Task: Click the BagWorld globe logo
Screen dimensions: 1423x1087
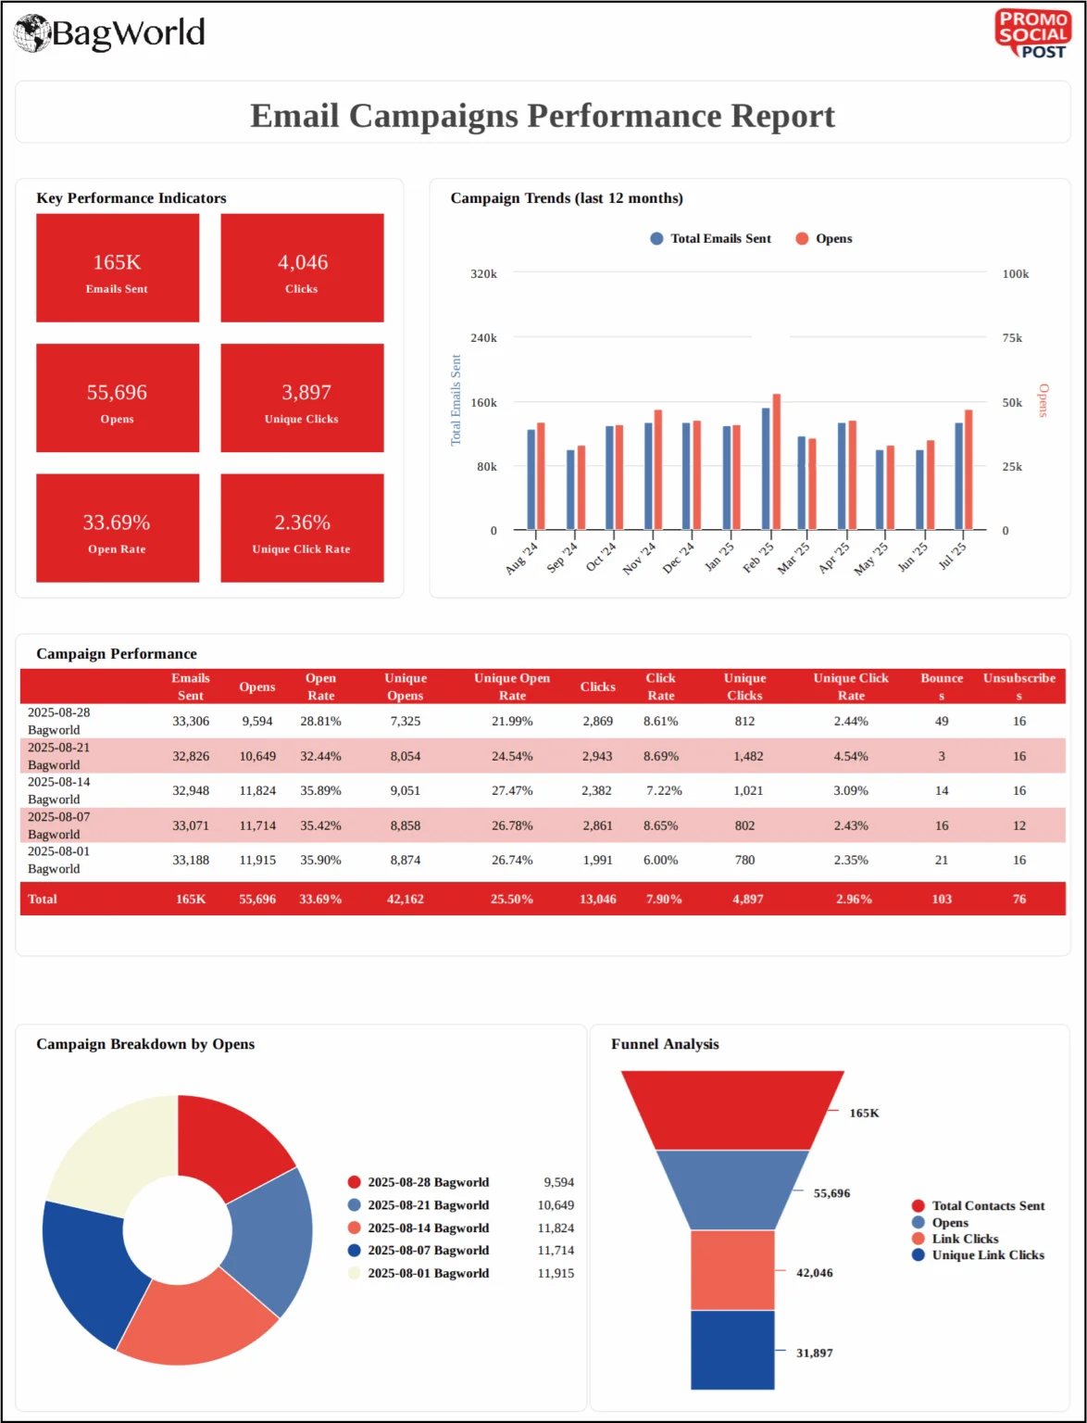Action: pos(32,33)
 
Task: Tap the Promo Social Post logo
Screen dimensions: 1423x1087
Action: pos(1032,34)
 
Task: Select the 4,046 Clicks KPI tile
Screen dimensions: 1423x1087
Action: pos(302,269)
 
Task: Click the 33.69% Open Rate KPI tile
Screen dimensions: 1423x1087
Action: pos(118,528)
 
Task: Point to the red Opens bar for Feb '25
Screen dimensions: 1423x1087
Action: pos(777,461)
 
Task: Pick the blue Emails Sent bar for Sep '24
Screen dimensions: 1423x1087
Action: pos(570,489)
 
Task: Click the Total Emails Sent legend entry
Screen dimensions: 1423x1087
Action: pos(711,239)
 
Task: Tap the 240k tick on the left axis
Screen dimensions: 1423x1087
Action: pos(483,338)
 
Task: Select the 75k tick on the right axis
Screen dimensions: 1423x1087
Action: pos(1013,338)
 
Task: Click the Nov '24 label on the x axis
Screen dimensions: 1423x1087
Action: pos(640,558)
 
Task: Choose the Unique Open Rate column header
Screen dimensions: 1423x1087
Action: pos(512,686)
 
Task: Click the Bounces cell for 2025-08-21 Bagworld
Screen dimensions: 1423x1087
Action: pos(942,756)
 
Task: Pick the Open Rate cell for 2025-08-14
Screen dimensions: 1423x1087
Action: pos(320,791)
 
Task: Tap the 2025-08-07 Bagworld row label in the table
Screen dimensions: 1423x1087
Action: pos(58,825)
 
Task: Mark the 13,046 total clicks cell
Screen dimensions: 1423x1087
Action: pos(598,900)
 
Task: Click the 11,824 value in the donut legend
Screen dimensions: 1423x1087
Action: pos(556,1228)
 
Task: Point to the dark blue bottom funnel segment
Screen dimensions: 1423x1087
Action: pos(732,1350)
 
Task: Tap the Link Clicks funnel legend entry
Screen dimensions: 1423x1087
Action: pos(965,1240)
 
